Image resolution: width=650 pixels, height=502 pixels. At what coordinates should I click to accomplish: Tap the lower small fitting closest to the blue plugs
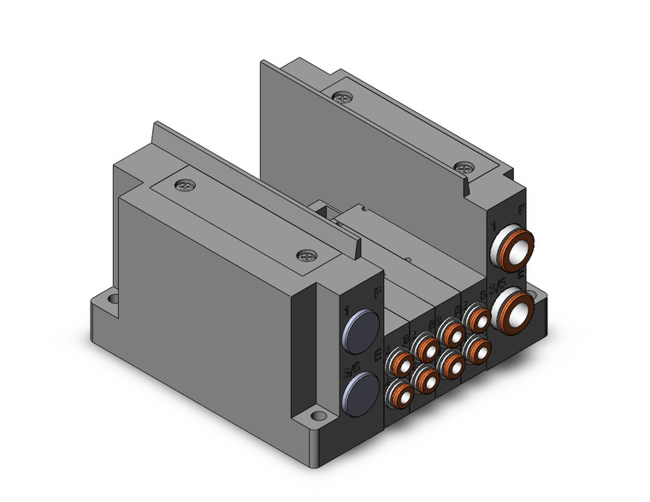point(399,393)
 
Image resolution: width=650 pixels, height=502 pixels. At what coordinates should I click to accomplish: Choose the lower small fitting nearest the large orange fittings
point(477,348)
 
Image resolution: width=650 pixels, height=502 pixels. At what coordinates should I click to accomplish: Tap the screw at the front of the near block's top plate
point(305,255)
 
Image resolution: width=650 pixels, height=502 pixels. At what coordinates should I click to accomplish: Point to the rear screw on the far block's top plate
point(343,97)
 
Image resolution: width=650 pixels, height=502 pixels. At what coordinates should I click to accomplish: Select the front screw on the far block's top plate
point(464,168)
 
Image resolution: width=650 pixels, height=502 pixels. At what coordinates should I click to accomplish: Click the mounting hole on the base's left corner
point(111,301)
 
